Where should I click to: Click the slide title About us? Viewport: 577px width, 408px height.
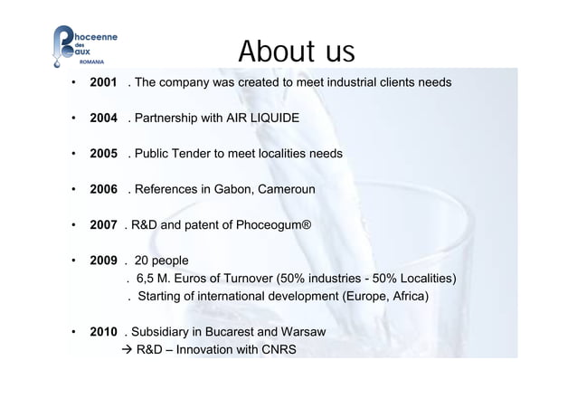(x=296, y=52)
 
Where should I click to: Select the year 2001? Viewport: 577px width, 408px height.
(x=105, y=84)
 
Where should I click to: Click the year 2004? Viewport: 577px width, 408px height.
(x=105, y=119)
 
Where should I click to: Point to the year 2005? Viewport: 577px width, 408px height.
(x=105, y=155)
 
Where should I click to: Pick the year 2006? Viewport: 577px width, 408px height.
(x=105, y=190)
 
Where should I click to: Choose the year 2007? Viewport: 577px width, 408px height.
(x=105, y=225)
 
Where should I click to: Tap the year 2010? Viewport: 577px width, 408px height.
(x=105, y=331)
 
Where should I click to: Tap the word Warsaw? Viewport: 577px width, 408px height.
(x=301, y=331)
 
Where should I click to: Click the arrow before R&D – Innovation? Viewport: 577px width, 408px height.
(x=127, y=348)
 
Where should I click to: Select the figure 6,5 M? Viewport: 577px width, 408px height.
(x=154, y=278)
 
